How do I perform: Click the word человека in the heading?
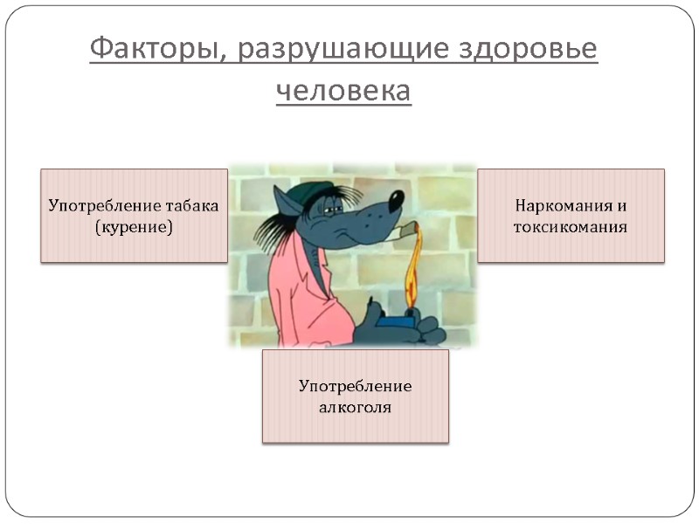tap(343, 90)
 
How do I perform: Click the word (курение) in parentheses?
tap(134, 227)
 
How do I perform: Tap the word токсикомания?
tap(571, 227)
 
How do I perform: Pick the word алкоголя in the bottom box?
tap(355, 406)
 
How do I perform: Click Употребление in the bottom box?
tap(355, 385)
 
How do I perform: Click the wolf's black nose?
tap(396, 198)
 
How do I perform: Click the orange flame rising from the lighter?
tap(412, 262)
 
